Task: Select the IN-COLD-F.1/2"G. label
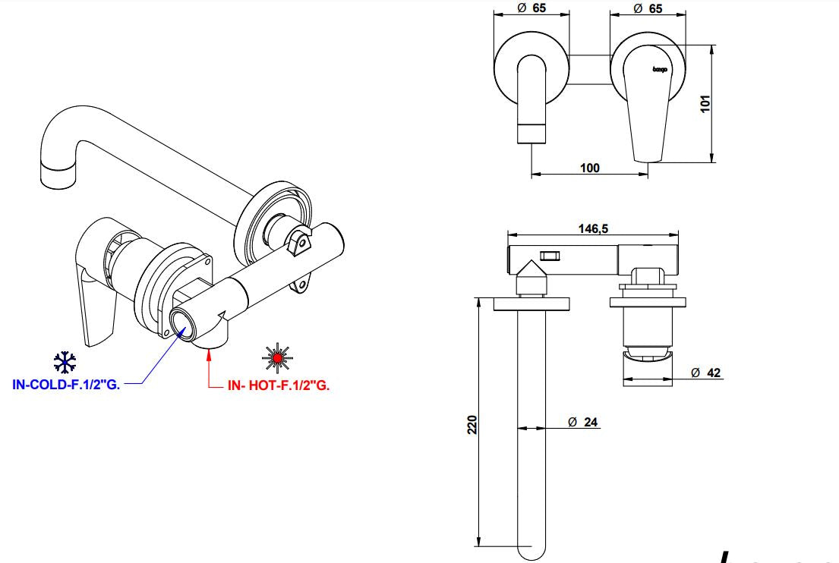click(67, 385)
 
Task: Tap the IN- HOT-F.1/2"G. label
click(278, 385)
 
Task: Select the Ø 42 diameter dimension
click(705, 373)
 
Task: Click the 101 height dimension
click(705, 103)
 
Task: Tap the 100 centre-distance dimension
click(589, 168)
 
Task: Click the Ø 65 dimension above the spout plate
click(531, 9)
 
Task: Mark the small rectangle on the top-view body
click(548, 256)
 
